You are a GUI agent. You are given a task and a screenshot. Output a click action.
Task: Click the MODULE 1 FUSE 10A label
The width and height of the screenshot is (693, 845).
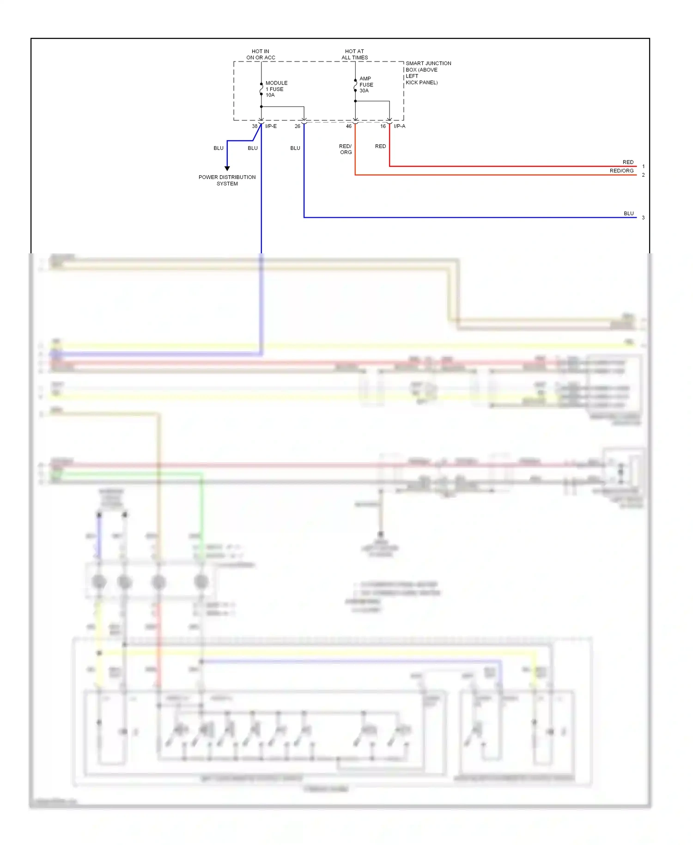point(276,89)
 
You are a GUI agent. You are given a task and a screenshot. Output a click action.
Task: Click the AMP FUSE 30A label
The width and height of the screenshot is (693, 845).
point(366,85)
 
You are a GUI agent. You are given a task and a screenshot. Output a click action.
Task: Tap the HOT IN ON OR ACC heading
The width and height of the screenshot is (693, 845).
point(261,55)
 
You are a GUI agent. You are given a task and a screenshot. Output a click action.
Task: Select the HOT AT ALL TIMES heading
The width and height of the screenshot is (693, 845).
point(354,55)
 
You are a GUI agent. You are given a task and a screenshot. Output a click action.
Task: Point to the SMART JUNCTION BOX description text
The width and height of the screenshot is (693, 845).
point(428,73)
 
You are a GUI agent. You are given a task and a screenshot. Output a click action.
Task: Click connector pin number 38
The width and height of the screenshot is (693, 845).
point(255,126)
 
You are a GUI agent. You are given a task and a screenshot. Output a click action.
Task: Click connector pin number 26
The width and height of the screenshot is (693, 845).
point(297,126)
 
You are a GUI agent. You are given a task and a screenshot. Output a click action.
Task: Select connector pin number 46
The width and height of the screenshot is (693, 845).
point(349,126)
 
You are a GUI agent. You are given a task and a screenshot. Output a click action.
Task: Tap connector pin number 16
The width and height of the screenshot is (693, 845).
point(383,126)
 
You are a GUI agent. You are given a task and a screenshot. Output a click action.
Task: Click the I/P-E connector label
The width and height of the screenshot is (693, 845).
point(271,126)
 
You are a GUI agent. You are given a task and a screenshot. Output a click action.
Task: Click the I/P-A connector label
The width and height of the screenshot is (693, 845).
point(399,126)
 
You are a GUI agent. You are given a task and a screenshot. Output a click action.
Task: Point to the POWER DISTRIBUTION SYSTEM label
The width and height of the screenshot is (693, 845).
point(227,180)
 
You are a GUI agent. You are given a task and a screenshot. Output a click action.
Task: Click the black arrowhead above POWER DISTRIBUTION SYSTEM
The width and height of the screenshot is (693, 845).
point(227,169)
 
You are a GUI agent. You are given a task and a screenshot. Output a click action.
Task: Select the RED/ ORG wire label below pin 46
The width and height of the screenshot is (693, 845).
point(346,149)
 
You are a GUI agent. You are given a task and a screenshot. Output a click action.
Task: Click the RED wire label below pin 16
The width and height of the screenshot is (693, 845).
point(380,146)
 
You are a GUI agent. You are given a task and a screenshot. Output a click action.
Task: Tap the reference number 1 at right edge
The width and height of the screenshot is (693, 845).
point(643,166)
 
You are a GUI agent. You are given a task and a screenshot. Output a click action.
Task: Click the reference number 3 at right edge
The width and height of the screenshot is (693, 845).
point(643,218)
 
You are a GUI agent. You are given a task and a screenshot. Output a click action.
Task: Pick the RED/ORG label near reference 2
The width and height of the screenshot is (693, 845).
point(621,171)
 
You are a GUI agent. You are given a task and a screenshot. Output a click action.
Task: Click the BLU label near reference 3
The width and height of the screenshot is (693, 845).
point(628,214)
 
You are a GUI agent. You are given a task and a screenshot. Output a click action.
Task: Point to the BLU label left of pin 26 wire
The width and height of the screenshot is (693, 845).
point(295,148)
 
